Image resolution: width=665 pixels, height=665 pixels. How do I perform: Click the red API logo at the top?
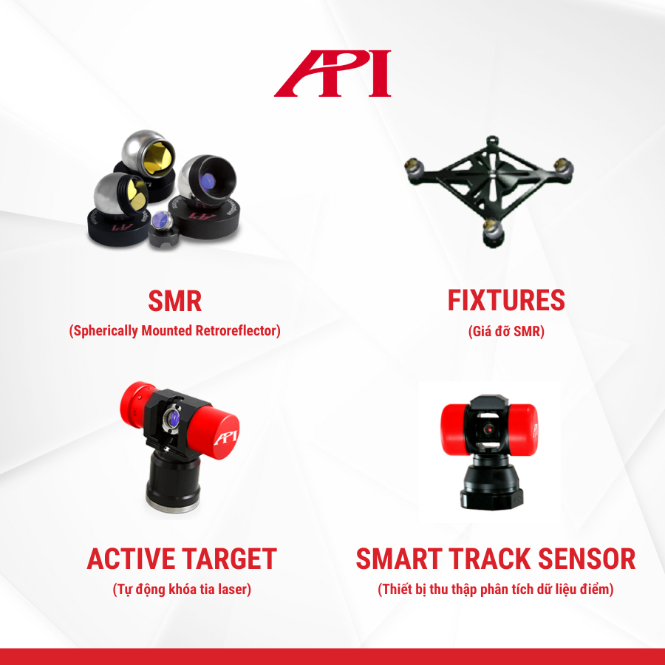332,73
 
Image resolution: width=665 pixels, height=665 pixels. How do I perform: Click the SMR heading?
174,301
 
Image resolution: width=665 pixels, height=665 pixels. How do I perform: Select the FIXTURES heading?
506,301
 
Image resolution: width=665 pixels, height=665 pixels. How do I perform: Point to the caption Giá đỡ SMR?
506,331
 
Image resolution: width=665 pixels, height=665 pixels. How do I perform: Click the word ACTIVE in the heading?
132,559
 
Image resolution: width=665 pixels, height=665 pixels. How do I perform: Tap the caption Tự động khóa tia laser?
182,589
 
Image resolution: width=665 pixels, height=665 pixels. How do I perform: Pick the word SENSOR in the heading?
587,559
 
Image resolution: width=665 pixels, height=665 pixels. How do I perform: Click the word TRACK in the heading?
490,559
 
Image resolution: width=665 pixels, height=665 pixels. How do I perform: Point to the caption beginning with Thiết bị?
496,589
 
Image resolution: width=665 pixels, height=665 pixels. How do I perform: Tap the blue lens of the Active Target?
174,418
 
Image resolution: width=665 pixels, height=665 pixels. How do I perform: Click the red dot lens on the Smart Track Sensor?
489,429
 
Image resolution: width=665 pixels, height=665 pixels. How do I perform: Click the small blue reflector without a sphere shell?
161,219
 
